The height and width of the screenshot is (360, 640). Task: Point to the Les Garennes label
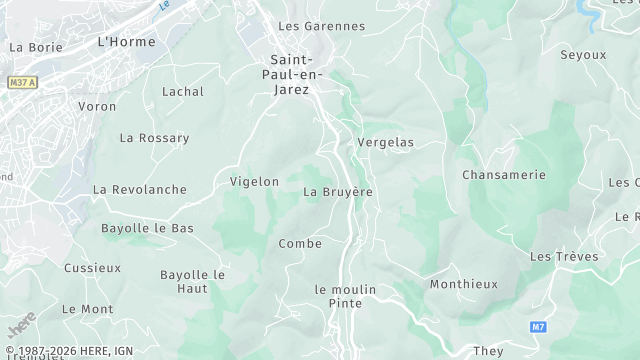coord(321,26)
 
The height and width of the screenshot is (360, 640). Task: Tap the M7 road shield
coord(538,326)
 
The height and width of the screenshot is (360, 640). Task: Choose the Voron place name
coord(97,106)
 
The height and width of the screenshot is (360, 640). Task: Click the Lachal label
coord(183,92)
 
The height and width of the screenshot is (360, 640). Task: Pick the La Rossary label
coord(154,138)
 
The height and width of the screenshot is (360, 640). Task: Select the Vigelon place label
coord(254,182)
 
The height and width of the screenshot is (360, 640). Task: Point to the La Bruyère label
coord(338,192)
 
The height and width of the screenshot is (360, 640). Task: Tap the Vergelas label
coord(386,143)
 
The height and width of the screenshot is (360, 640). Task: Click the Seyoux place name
coord(583,55)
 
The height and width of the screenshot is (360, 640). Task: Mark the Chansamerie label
coord(504,175)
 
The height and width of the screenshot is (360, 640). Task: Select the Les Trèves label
coord(564,257)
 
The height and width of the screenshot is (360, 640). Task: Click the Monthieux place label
coord(463,284)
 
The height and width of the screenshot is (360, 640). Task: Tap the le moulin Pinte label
coord(345,296)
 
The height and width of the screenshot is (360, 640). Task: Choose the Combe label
coord(300,244)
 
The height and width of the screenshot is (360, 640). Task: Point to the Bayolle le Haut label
coord(192,281)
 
